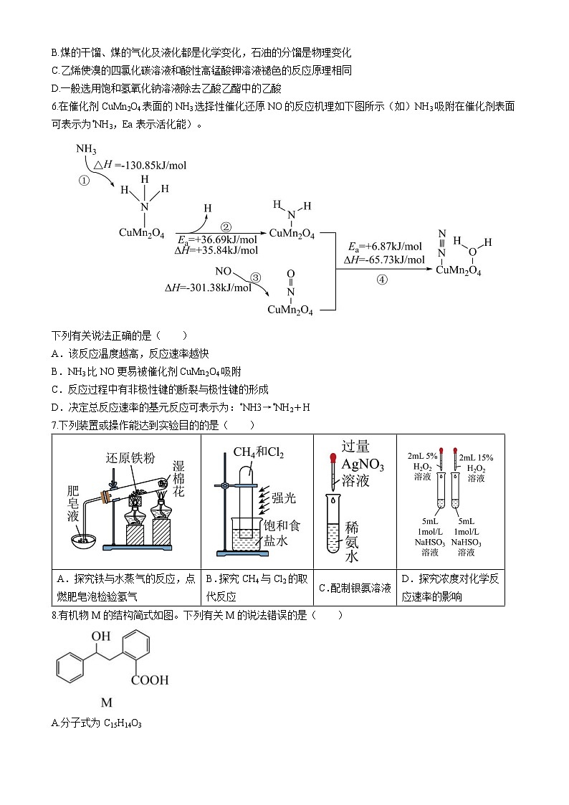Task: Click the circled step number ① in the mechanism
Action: point(84,181)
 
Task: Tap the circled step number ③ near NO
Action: point(255,277)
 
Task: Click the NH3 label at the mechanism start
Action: point(86,149)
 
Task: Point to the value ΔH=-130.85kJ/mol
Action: point(140,165)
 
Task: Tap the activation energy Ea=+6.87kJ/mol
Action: point(385,245)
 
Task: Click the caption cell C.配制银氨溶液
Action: point(355,588)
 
